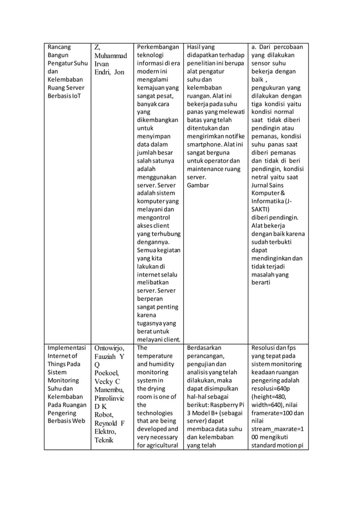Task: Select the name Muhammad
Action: point(111,56)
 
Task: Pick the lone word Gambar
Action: point(198,185)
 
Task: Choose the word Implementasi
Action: point(67,348)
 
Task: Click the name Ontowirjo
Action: point(109,349)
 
